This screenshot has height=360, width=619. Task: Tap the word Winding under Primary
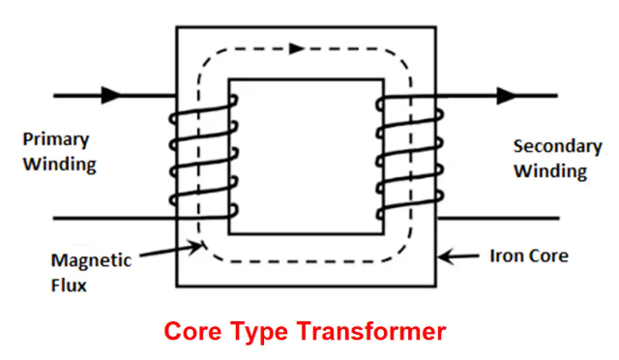click(x=60, y=164)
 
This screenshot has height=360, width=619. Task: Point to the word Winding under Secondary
click(x=550, y=172)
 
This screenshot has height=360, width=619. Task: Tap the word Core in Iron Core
click(x=545, y=257)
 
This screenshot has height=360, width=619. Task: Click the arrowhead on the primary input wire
click(x=112, y=95)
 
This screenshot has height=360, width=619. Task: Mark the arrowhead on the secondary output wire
click(x=505, y=95)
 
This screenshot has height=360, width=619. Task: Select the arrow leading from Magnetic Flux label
click(x=174, y=250)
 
